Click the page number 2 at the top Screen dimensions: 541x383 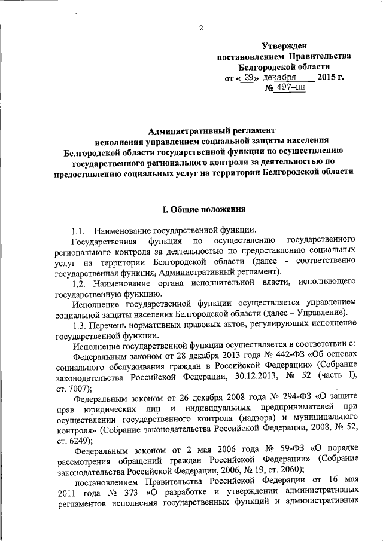click(201, 27)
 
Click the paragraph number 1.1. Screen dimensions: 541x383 click(79, 231)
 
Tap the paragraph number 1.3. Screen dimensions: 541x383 click(80, 328)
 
